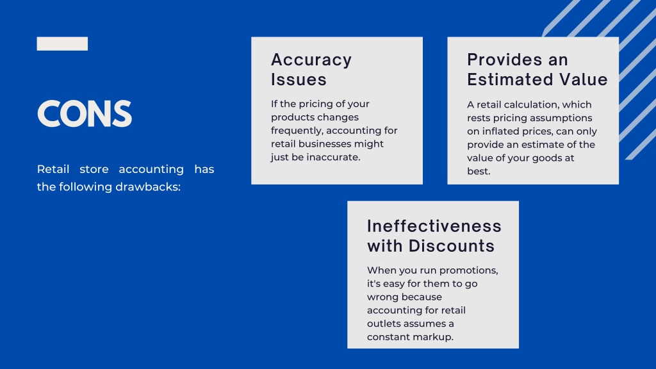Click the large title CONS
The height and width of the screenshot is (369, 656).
click(84, 114)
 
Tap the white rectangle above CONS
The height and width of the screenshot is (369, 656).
click(62, 44)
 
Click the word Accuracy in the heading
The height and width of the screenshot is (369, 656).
click(311, 60)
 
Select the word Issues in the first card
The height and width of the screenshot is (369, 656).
click(299, 80)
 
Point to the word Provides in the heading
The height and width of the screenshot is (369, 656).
click(499, 60)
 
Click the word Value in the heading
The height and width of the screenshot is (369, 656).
click(581, 80)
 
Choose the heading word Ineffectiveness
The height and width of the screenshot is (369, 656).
click(434, 226)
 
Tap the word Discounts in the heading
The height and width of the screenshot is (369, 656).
click(452, 246)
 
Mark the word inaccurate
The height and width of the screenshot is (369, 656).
click(328, 158)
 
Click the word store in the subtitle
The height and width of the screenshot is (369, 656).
click(94, 170)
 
